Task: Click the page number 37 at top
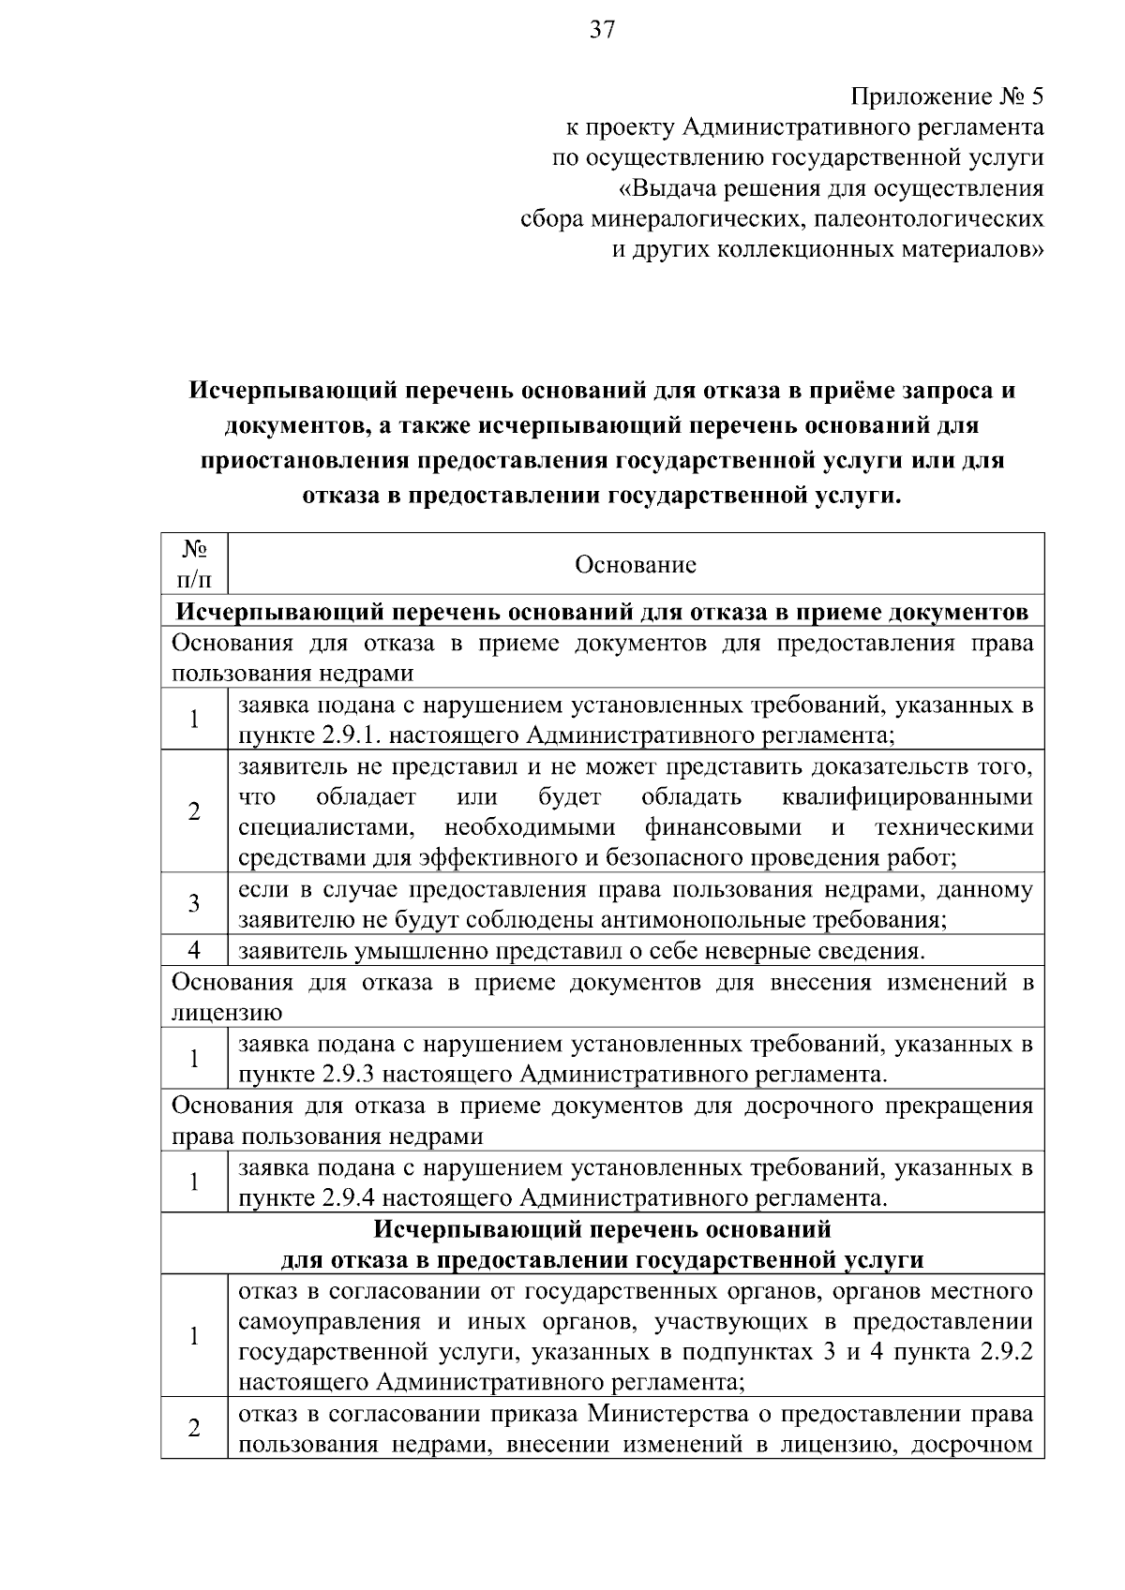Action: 602,31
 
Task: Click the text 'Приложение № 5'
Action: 947,97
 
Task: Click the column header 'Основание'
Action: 635,565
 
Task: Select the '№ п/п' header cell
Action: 194,564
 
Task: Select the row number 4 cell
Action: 194,950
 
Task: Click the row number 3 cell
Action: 194,903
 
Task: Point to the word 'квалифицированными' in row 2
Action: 907,797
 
